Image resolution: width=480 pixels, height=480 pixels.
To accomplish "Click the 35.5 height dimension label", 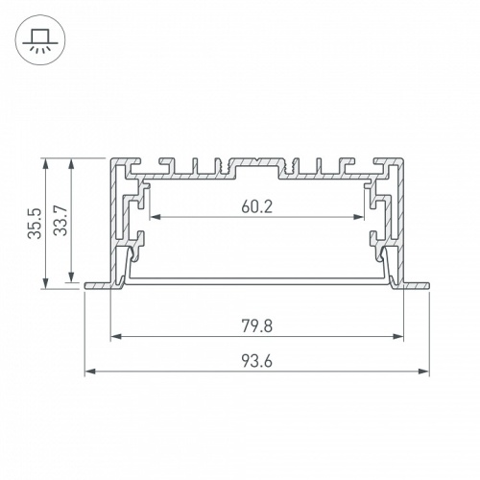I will coord(34,222).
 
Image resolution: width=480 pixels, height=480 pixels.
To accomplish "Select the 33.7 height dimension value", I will coord(59,222).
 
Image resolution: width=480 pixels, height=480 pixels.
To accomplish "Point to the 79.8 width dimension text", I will coord(256,325).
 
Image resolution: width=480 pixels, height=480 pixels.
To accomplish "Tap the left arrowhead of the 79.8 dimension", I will coord(115,337).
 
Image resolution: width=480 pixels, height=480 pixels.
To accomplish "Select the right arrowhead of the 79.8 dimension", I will coord(399,337).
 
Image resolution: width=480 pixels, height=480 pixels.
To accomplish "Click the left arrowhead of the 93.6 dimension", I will coord(89,371).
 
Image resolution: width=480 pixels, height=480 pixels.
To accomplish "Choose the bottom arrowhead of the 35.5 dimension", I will coord(45,283).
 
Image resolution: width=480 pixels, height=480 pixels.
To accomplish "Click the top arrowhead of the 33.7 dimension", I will coord(71,162).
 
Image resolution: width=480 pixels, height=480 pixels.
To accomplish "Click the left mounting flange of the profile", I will coord(98,285).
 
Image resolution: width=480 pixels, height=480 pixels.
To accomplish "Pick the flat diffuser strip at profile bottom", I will coord(256,279).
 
